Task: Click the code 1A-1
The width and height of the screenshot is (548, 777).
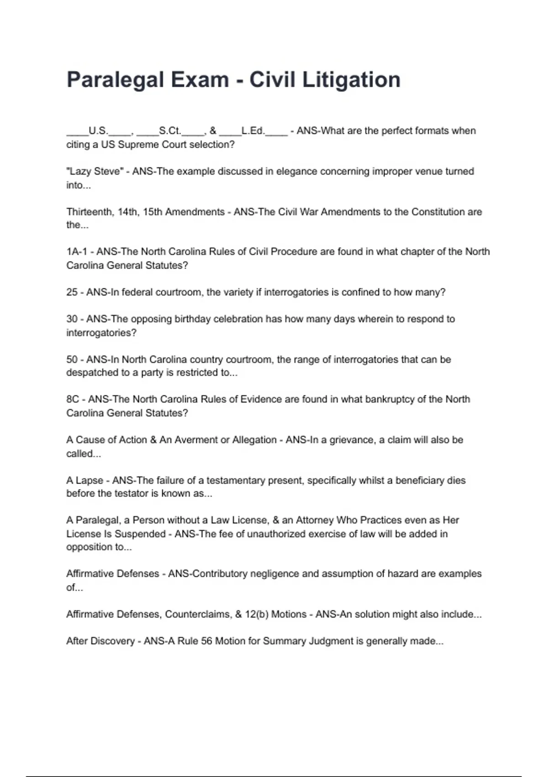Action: click(76, 251)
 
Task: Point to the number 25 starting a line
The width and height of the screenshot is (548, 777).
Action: click(72, 292)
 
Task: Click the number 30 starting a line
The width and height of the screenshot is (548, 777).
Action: click(72, 319)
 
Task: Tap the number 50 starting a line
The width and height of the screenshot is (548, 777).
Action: click(72, 359)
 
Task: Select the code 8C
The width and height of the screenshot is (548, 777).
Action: click(73, 399)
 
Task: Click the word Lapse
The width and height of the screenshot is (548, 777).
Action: click(90, 480)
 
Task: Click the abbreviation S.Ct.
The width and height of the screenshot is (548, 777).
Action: click(170, 131)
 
